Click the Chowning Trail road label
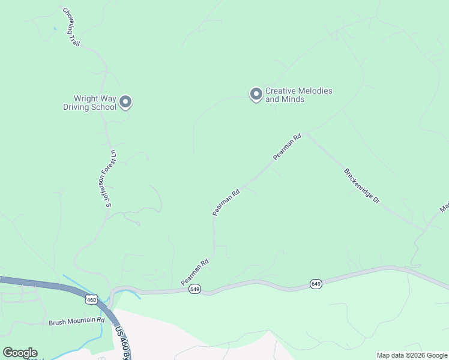tap(71, 27)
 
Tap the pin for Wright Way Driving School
tap(125, 103)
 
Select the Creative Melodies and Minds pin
tap(256, 94)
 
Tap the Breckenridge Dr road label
tap(362, 185)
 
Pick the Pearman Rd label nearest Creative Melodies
tap(286, 146)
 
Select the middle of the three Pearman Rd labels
tap(226, 202)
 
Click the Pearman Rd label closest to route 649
tap(194, 272)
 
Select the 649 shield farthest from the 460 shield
tap(316, 283)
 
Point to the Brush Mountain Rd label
tap(77, 322)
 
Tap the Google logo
tap(20, 353)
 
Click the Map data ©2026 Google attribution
tap(411, 355)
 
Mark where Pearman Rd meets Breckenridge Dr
tap(306, 133)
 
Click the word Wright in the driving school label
tap(86, 99)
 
